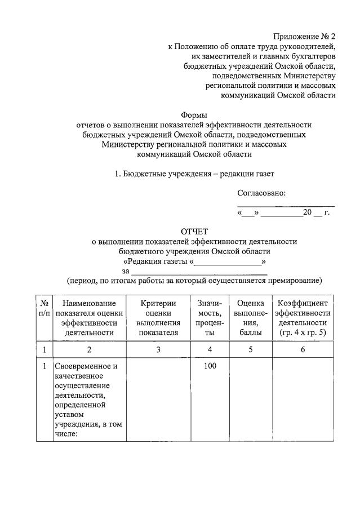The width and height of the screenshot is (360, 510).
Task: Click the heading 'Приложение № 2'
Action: [x=304, y=37]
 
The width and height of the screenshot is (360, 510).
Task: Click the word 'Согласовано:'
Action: [x=261, y=193]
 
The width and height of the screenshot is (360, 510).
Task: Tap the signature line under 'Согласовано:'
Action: [x=286, y=205]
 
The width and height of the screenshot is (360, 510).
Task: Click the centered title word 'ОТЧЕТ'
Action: [x=194, y=231]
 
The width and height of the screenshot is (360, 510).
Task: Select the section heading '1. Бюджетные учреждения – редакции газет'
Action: [x=194, y=174]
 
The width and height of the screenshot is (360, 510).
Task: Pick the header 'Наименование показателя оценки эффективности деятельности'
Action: [x=90, y=318]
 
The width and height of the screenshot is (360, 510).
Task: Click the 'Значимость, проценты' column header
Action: [x=210, y=318]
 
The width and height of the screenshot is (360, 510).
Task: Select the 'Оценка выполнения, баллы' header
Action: [x=250, y=318]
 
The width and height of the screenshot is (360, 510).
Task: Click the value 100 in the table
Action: [x=210, y=366]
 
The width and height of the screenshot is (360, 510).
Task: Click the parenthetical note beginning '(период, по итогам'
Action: [x=194, y=281]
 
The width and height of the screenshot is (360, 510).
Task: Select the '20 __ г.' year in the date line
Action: [x=315, y=213]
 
